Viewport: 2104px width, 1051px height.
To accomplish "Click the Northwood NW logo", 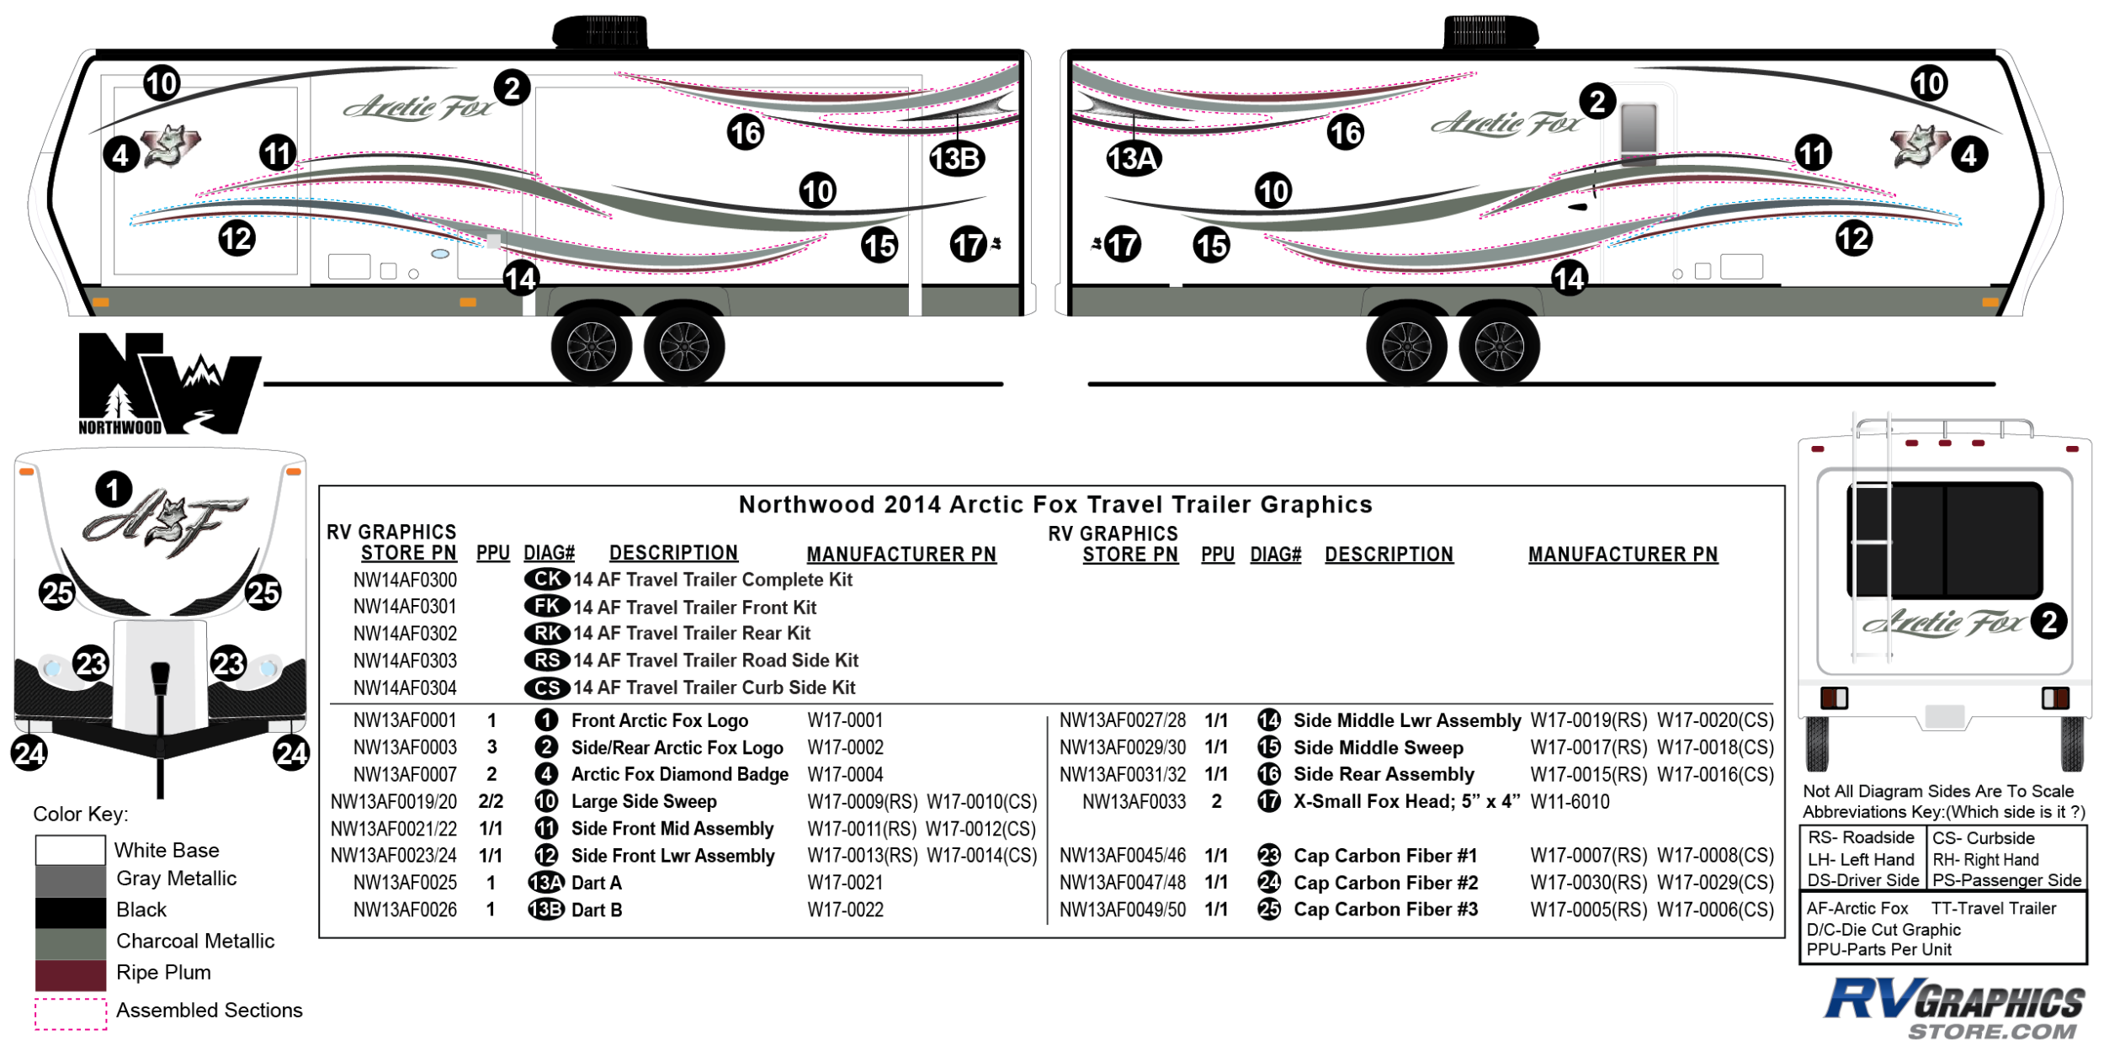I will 168,384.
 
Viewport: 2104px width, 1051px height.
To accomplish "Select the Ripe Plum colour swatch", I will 71,974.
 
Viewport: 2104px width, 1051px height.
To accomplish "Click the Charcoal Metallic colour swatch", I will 71,942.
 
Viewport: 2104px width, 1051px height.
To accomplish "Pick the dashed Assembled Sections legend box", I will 71,1013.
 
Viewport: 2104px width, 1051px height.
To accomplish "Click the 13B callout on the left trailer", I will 956,158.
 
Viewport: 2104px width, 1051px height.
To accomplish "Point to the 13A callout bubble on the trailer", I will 1133,158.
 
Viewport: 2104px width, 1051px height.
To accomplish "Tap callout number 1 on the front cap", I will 114,490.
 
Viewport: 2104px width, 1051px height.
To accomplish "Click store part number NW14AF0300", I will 405,580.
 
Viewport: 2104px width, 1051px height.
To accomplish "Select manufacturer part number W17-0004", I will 845,774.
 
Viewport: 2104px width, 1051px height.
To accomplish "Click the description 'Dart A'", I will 596,883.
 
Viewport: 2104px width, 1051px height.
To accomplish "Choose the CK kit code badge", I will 547,579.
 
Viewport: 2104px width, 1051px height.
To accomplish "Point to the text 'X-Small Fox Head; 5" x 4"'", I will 1406,801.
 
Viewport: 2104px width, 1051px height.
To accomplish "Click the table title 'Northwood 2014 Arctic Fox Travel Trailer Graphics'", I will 1055,504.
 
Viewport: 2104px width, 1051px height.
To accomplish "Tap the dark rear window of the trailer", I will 1944,539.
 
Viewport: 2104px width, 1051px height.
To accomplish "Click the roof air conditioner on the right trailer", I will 1490,32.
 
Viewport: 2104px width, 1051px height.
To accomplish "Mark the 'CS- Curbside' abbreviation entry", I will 1983,838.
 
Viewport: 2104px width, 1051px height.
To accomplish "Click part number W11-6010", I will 1570,801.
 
